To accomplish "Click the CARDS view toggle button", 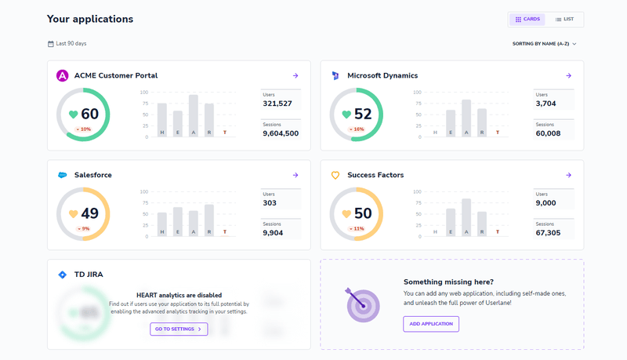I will pos(527,19).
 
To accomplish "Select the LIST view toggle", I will pos(564,19).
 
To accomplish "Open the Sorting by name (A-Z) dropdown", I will pos(544,44).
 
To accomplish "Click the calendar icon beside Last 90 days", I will pos(51,44).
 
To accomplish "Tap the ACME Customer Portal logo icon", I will pos(63,76).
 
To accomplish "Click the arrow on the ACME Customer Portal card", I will pos(295,76).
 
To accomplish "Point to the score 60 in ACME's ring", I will pos(89,115).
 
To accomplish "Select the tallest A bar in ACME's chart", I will pos(193,115).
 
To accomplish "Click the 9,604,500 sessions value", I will pos(281,133).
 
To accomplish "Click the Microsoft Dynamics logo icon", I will pos(335,76).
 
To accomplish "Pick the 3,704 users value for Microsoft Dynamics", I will pos(546,104).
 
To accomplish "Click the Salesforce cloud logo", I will pos(63,175).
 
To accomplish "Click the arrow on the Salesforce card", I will pos(295,175).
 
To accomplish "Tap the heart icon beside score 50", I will pos(346,214).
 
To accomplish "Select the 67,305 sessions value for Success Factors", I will pos(553,233).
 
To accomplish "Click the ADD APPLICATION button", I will pos(431,324).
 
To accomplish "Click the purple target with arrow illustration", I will pos(362,304).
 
